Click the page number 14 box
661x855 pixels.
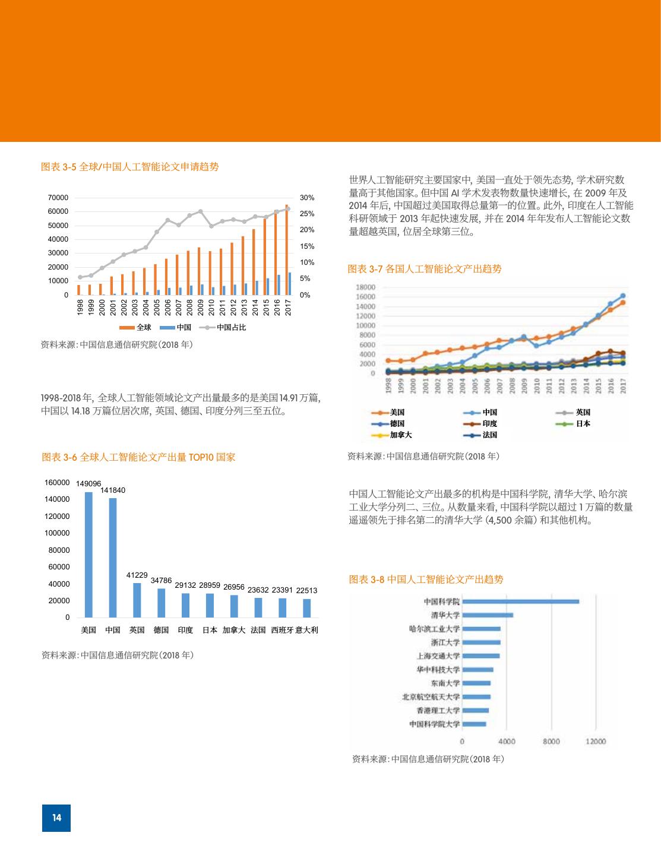[56, 818]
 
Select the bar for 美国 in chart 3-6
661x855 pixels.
[88, 555]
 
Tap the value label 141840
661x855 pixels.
[113, 490]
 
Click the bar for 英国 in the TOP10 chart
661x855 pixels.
[137, 600]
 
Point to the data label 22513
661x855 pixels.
[306, 590]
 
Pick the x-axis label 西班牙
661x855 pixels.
[282, 630]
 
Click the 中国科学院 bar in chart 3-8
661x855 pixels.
[520, 601]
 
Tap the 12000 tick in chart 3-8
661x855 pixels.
[596, 741]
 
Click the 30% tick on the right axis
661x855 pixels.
[307, 198]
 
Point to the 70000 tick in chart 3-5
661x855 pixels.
[58, 198]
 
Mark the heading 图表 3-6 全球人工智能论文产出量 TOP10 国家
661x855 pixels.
[138, 457]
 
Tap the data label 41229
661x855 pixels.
[137, 575]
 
